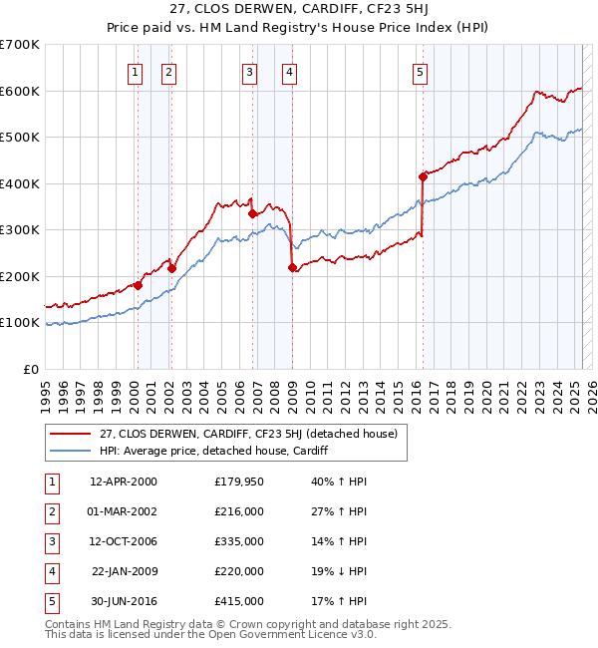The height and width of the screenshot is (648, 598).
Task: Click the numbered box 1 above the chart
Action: click(x=135, y=72)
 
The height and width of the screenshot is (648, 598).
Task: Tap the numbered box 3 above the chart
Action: click(x=249, y=72)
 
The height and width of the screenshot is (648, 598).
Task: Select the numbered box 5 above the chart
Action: click(x=420, y=72)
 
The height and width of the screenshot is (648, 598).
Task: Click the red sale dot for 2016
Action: click(x=423, y=176)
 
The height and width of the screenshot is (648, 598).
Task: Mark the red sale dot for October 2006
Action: click(x=252, y=213)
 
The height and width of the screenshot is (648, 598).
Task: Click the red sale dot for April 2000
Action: click(x=139, y=285)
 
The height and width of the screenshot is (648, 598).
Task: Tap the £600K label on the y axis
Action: click(x=20, y=91)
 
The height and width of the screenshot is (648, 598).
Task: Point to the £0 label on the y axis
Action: click(x=30, y=369)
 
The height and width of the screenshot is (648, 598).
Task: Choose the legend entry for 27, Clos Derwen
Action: click(x=248, y=434)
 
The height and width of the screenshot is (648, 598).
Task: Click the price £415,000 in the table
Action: click(x=239, y=601)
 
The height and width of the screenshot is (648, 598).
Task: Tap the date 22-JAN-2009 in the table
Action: click(x=124, y=571)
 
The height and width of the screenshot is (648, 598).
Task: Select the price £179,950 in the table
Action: click(x=239, y=482)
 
